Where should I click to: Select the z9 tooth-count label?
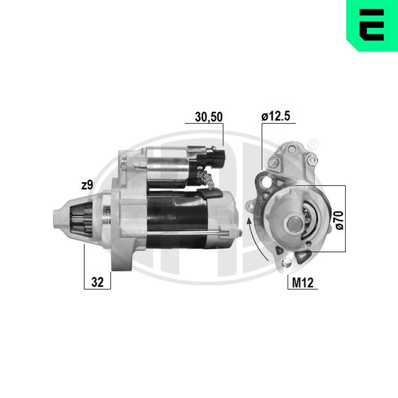[87, 185]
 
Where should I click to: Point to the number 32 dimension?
[97, 282]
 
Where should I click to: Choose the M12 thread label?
[303, 283]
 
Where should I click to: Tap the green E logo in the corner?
[372, 25]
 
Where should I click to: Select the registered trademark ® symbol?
[314, 144]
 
